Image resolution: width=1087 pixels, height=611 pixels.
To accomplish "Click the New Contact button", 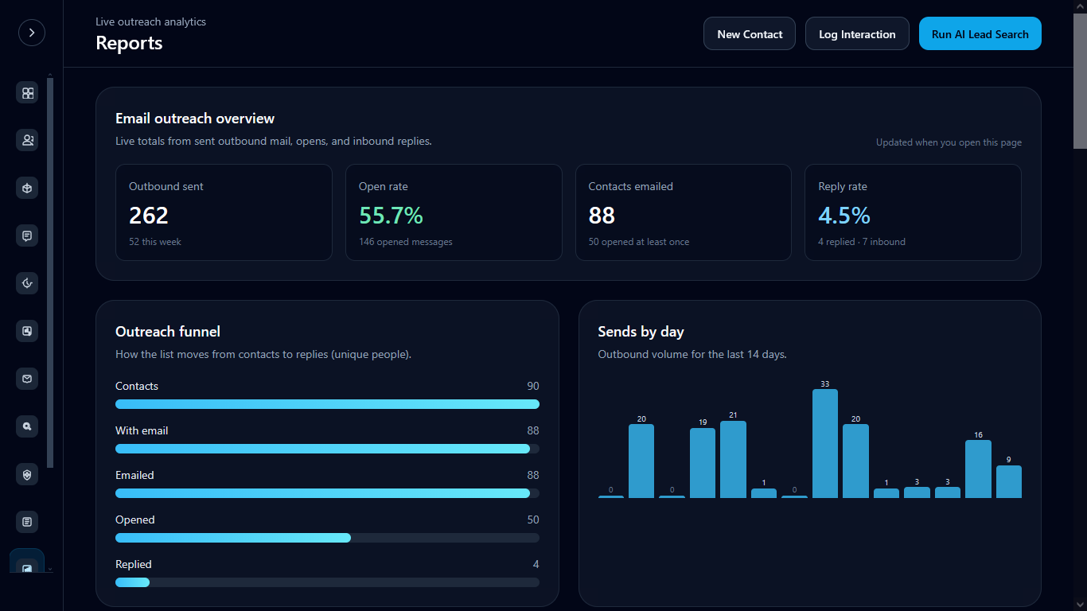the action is pyautogui.click(x=750, y=34).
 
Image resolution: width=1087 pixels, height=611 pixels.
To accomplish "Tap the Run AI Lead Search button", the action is pyautogui.click(x=980, y=34).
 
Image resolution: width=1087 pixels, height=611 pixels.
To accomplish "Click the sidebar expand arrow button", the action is pyautogui.click(x=32, y=33).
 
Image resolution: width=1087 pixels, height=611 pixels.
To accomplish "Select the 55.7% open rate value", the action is pyautogui.click(x=391, y=216).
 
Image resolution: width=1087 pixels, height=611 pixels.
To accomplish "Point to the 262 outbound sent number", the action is pyautogui.click(x=149, y=216).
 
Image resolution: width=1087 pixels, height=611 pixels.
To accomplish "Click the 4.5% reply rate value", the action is pyautogui.click(x=843, y=216).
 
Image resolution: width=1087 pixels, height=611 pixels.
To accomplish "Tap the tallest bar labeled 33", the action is pyautogui.click(x=825, y=444).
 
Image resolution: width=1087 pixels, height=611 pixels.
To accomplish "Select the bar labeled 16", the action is pyautogui.click(x=978, y=469).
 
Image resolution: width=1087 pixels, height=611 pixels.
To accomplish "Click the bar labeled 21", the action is pyautogui.click(x=733, y=459).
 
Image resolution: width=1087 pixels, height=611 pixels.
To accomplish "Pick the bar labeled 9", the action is pyautogui.click(x=1008, y=481).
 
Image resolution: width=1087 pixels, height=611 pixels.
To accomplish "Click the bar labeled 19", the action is pyautogui.click(x=702, y=463).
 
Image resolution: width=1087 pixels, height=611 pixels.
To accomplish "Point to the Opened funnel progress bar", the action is pyautogui.click(x=327, y=538).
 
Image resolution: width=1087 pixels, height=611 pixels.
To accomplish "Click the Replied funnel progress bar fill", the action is pyautogui.click(x=132, y=582).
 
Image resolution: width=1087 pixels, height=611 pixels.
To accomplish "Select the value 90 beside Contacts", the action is pyautogui.click(x=533, y=386).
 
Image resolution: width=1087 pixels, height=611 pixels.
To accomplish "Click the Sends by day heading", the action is pyautogui.click(x=641, y=332).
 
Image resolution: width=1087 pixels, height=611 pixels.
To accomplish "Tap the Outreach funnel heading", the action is pyautogui.click(x=168, y=332).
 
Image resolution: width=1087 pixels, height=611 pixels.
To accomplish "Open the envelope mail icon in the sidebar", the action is pyautogui.click(x=27, y=379).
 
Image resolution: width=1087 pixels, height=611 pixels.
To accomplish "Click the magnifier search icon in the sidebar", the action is pyautogui.click(x=27, y=426).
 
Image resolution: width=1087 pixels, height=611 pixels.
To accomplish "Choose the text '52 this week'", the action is pyautogui.click(x=155, y=242).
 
